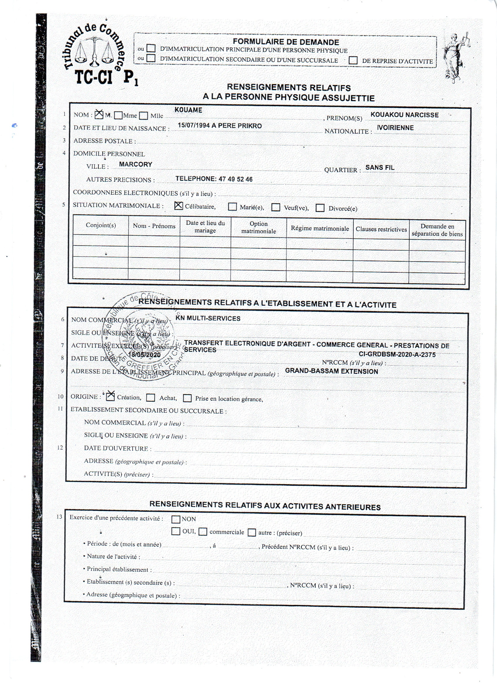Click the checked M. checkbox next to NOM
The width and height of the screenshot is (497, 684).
tap(99, 114)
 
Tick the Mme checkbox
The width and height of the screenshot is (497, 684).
tap(118, 115)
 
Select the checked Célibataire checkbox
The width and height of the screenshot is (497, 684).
tap(179, 206)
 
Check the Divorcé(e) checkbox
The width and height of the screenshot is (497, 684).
tap(320, 208)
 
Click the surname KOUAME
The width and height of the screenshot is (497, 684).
tap(189, 110)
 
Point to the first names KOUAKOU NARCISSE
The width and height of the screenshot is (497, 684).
tap(404, 115)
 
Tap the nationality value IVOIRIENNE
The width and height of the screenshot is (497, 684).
tap(395, 128)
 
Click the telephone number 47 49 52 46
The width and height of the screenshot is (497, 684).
tap(236, 179)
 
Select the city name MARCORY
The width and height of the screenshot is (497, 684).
tap(135, 164)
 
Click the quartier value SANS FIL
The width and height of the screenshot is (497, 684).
tap(380, 167)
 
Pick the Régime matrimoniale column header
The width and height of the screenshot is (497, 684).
tap(320, 229)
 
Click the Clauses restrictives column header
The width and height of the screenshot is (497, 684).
tap(381, 229)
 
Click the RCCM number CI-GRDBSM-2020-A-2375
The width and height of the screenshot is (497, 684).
tap(397, 355)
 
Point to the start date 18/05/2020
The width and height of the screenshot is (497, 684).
tap(144, 355)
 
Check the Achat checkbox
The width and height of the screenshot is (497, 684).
tap(151, 398)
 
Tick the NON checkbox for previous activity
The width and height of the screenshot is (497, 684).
tap(175, 519)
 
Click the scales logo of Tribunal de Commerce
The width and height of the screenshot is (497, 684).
tap(94, 51)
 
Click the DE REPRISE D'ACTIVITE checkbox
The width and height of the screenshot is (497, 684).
tap(353, 60)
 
